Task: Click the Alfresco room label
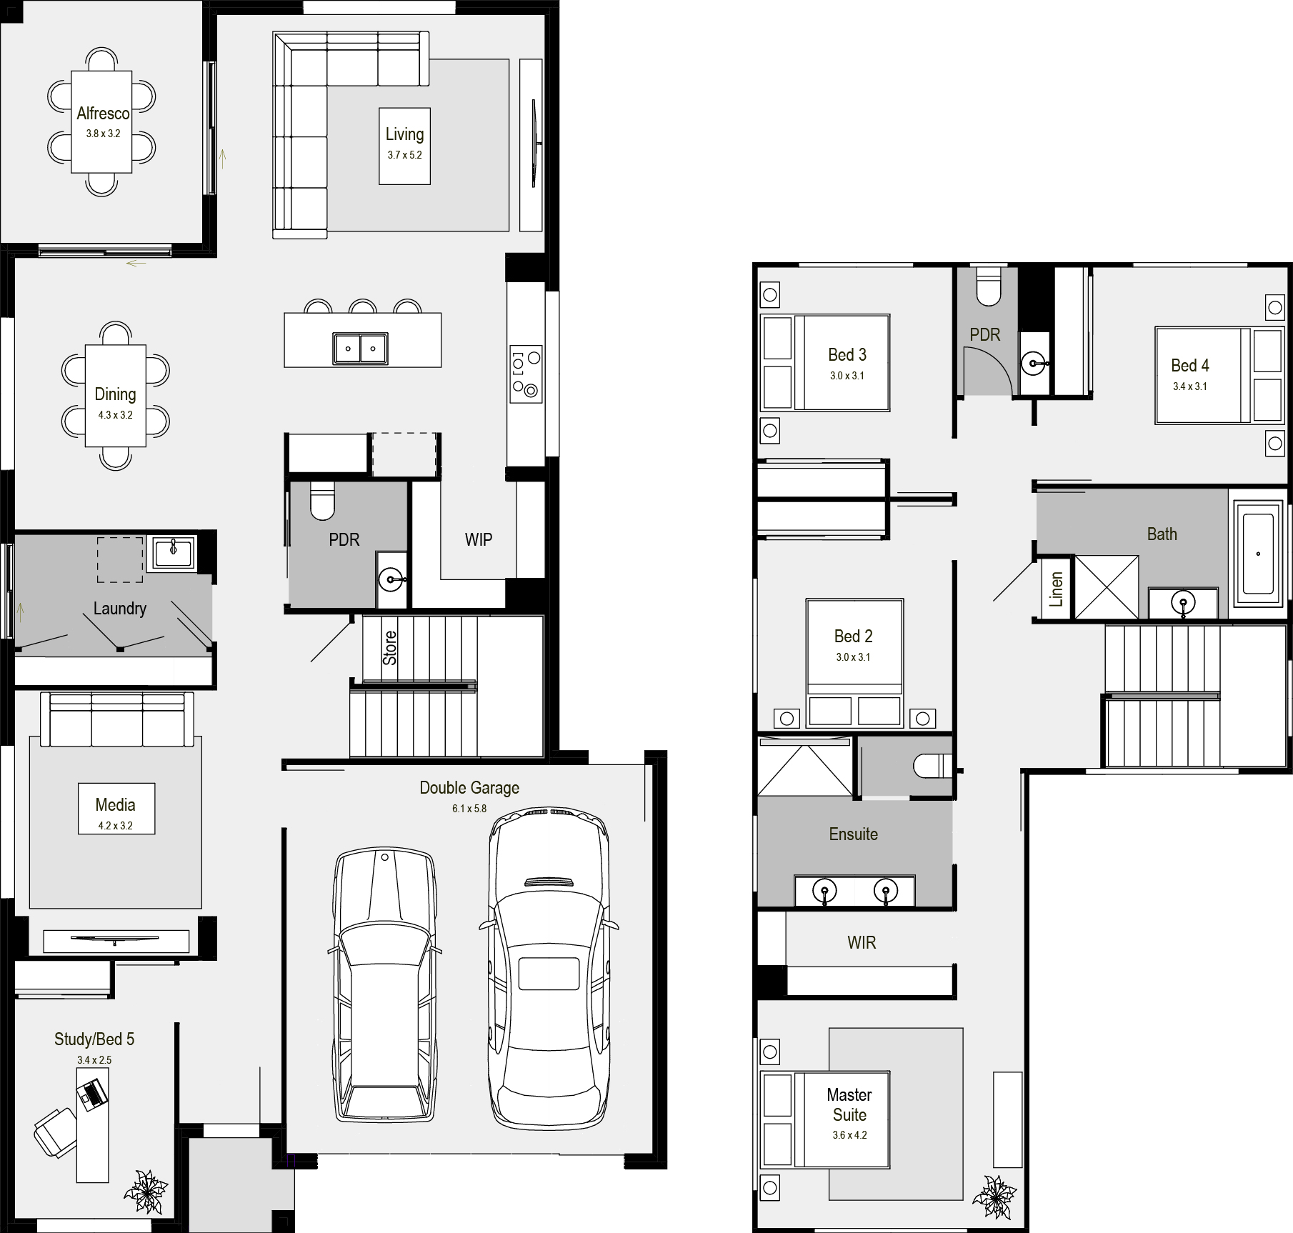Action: (x=104, y=114)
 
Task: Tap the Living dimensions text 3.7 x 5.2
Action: (x=404, y=155)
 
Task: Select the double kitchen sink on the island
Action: (x=360, y=349)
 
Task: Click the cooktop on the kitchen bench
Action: (x=526, y=373)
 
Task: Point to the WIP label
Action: (x=479, y=540)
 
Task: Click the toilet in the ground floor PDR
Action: (x=322, y=500)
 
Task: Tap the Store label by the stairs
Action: (x=390, y=648)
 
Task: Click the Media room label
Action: (x=115, y=805)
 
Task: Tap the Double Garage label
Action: (x=469, y=788)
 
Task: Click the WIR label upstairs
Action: (x=862, y=943)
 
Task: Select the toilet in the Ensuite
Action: (x=932, y=767)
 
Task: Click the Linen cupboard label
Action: (x=1057, y=589)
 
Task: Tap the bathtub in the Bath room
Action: (x=1258, y=554)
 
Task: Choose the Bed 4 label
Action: (x=1190, y=366)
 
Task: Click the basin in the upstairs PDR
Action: (x=1033, y=364)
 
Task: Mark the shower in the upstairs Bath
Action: (x=1107, y=586)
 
